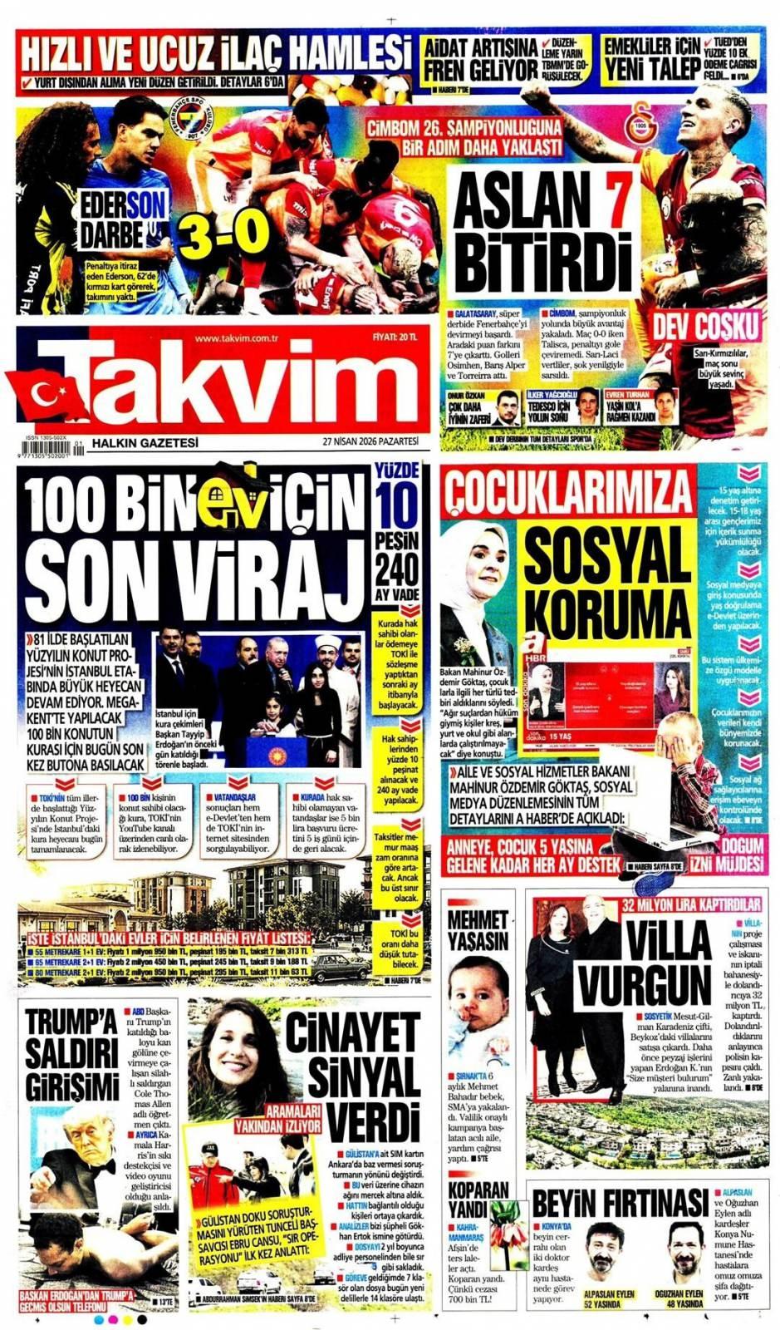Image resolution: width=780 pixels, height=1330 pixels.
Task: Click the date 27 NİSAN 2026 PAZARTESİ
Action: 371,441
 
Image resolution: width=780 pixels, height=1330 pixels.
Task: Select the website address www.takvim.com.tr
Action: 236,337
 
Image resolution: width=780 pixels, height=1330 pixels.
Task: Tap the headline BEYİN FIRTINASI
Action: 620,1202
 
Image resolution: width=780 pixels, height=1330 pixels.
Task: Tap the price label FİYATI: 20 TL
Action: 395,337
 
